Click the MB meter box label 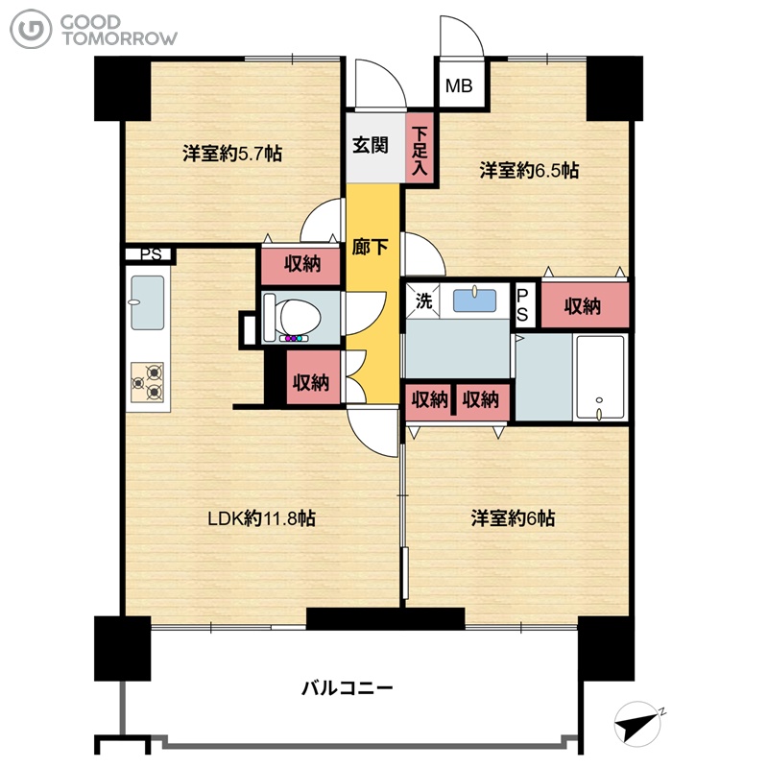coord(459,86)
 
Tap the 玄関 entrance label coord(371,146)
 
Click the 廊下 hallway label coord(370,247)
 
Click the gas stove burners coord(148,382)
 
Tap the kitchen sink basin coord(148,302)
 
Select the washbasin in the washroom coord(474,300)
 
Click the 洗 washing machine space coord(423,300)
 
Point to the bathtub coord(601,377)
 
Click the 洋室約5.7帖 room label coord(232,154)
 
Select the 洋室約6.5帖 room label coord(529,171)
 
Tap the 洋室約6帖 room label coord(513,518)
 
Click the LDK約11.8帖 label coord(261,518)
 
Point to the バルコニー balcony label coord(347,688)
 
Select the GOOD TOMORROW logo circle coord(31,30)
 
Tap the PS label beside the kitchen coord(151,254)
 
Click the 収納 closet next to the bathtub coord(585,305)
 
